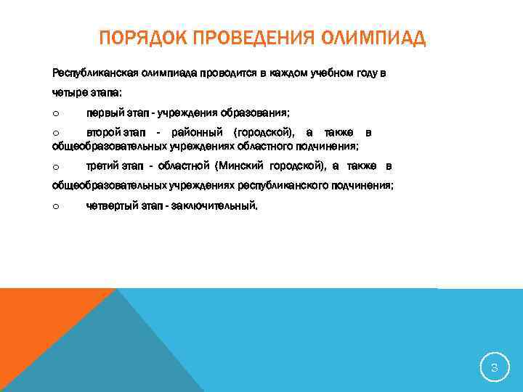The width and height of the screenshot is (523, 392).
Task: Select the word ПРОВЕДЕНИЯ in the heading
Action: (248, 38)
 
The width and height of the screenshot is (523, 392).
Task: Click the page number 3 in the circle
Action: (494, 368)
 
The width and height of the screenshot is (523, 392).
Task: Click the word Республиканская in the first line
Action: (86, 73)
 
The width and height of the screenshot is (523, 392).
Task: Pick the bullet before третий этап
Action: (55, 167)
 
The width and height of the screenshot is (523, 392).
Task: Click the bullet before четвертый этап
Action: (55, 206)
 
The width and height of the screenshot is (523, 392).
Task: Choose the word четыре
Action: (69, 93)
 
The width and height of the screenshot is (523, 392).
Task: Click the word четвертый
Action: (108, 206)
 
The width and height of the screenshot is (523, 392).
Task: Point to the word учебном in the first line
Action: (334, 73)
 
